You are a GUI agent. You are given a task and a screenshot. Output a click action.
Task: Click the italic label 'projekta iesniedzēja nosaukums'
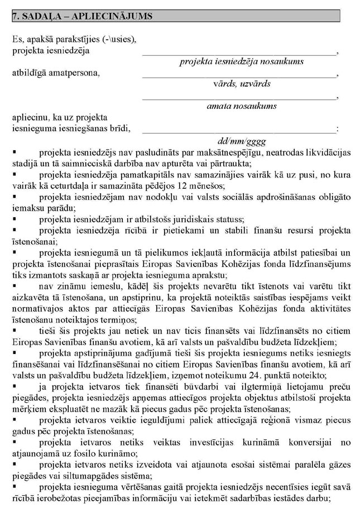tap(241, 61)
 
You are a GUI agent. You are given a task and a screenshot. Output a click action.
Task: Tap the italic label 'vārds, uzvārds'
tap(241, 83)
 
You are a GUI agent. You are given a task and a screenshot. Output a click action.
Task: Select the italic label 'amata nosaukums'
tap(241, 106)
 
